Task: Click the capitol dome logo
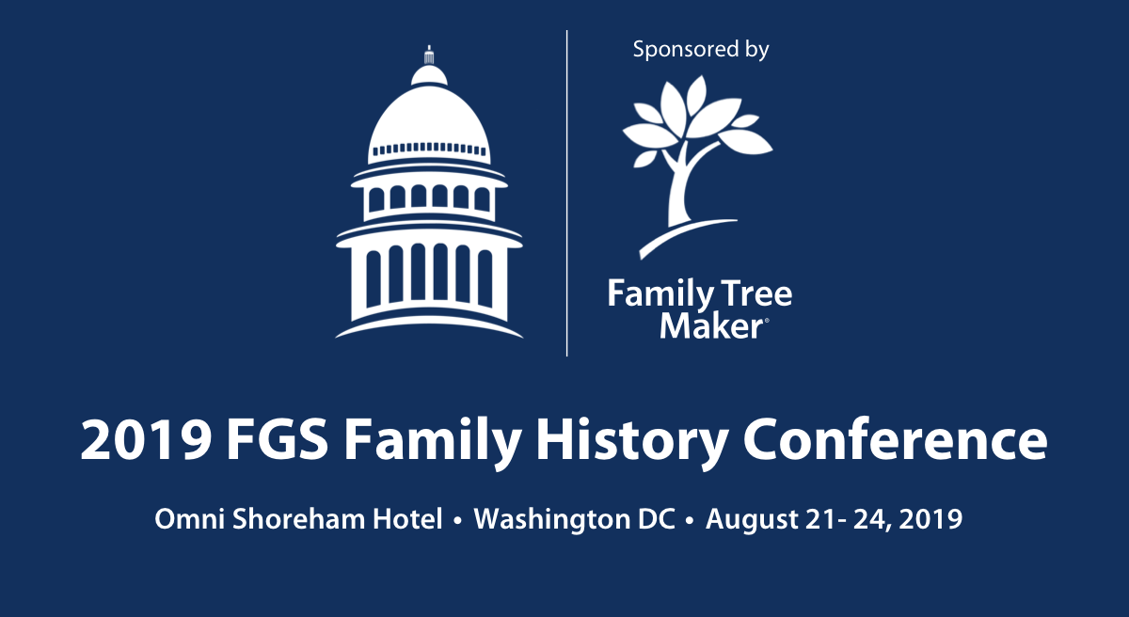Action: (429, 192)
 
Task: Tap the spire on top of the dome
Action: (429, 55)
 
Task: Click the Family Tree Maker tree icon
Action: (698, 166)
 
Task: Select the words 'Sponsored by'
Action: (701, 50)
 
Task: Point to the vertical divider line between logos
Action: (567, 193)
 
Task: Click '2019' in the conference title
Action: (146, 440)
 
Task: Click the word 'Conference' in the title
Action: (896, 440)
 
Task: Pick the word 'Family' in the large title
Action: (433, 443)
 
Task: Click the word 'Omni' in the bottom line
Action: (189, 519)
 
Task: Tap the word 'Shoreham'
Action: (298, 518)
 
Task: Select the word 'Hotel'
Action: (407, 518)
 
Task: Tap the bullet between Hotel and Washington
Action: (457, 521)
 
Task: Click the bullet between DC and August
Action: (690, 521)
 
